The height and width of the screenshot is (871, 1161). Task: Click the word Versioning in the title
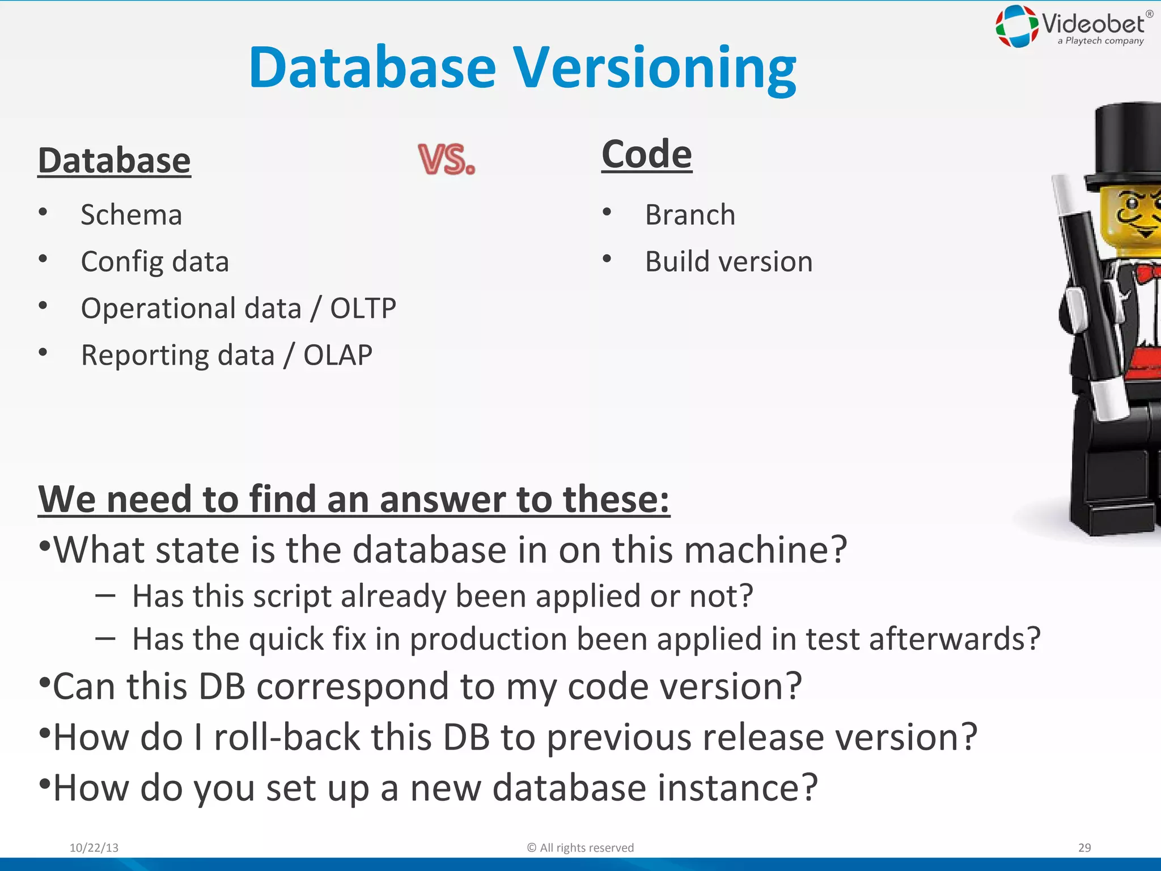655,68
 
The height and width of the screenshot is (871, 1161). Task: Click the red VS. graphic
446,159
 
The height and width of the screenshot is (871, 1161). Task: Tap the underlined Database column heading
114,160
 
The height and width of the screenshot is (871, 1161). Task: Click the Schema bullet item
131,215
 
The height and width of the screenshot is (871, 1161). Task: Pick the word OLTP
363,308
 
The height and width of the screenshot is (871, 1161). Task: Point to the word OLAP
338,356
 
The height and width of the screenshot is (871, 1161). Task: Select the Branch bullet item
690,215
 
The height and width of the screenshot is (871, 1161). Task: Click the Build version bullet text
728,262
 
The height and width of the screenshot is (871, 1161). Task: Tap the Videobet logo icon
1017,26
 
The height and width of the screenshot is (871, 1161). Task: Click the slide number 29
1084,848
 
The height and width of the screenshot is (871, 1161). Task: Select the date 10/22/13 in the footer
94,848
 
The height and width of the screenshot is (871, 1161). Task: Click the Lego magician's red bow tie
1149,274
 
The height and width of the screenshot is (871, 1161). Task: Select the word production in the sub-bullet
488,640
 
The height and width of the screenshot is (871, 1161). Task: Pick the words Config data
155,262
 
